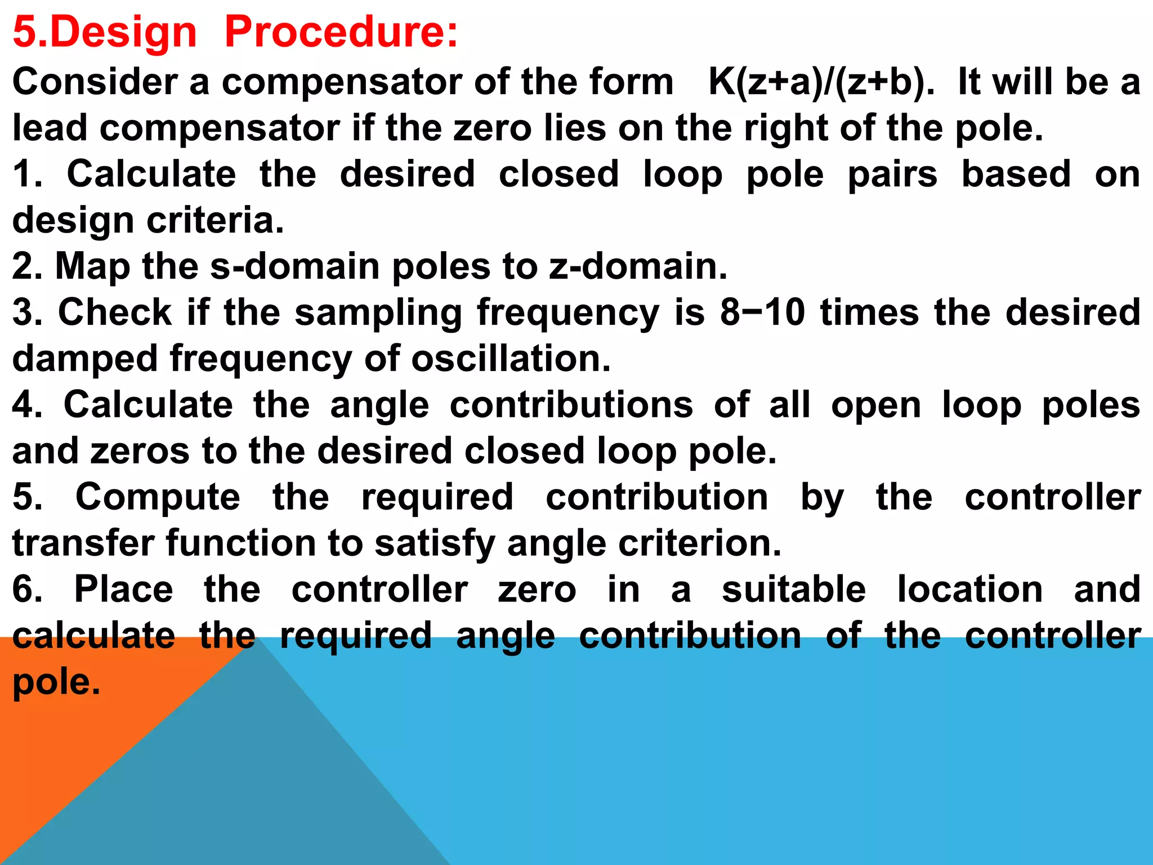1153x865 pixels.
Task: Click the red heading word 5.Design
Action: pos(105,33)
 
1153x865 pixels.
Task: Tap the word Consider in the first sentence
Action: pos(95,82)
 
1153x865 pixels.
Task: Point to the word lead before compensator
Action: pos(50,128)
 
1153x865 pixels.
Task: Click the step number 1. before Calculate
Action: pos(28,174)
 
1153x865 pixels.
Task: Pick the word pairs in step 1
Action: pos(892,175)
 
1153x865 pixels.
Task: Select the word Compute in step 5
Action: pos(158,498)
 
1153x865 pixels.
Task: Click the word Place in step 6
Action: pos(124,590)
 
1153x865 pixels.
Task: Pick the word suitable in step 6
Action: pos(794,590)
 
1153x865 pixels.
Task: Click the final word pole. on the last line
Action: pos(56,683)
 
